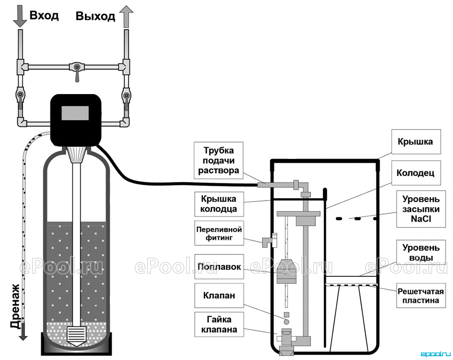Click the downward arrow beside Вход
click(x=20, y=17)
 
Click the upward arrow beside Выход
click(x=126, y=17)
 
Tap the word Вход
click(x=44, y=15)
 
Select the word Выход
click(x=95, y=16)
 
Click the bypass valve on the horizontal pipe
click(x=77, y=69)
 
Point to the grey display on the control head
click(x=75, y=113)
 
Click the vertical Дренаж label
click(x=15, y=306)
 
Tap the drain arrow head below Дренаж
click(x=23, y=336)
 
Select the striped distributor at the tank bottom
click(x=75, y=336)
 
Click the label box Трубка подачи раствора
click(x=218, y=161)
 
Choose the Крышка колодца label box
click(x=219, y=204)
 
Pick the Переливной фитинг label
click(x=219, y=233)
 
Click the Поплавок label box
click(x=219, y=266)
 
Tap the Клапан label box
click(x=219, y=295)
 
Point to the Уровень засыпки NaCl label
click(x=421, y=209)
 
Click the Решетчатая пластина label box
click(x=421, y=296)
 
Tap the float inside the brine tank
click(x=287, y=272)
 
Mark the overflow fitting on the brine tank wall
click(x=269, y=240)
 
